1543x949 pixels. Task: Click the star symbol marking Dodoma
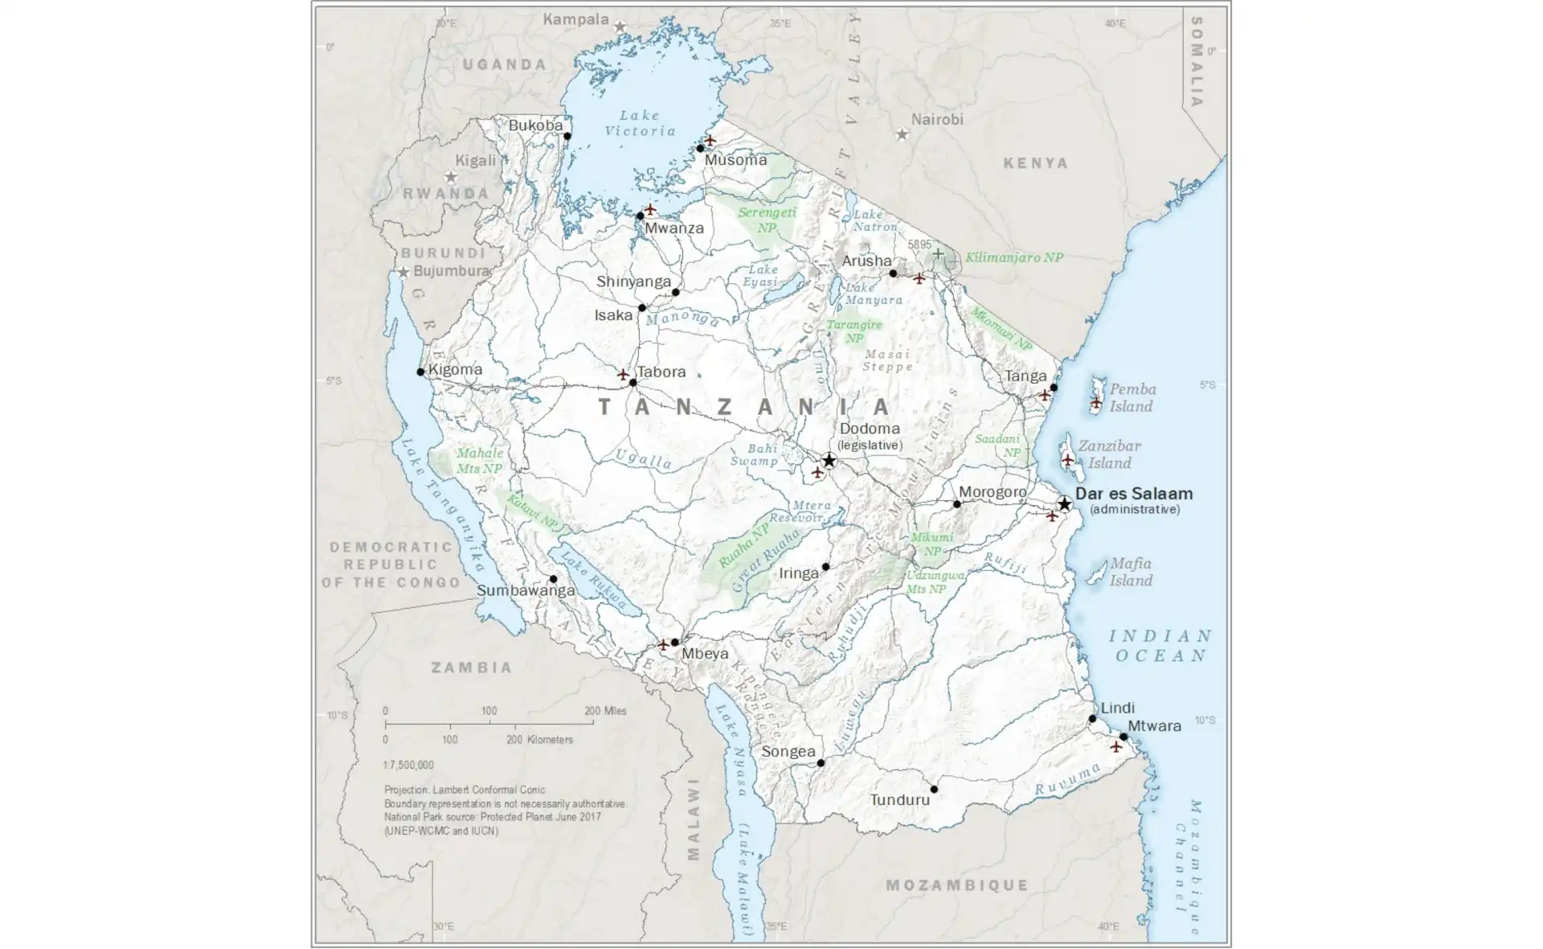tap(829, 461)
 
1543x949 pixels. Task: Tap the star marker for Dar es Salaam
tap(1064, 503)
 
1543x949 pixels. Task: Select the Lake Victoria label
tap(641, 123)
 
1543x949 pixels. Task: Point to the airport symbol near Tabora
tap(623, 375)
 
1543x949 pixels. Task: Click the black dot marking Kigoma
tap(420, 372)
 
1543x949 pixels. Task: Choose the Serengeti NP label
tap(767, 220)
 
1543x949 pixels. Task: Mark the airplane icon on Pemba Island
tap(1095, 401)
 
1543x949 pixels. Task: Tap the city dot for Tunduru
tap(934, 789)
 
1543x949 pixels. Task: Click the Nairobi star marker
tap(902, 134)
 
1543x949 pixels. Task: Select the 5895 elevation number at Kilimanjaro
tap(919, 244)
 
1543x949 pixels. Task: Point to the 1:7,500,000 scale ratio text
tap(408, 765)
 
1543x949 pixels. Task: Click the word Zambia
tap(472, 667)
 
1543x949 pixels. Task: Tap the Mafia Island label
tap(1131, 572)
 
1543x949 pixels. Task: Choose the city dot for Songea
tap(821, 762)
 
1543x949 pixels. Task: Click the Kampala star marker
tap(620, 27)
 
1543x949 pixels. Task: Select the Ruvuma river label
tap(1067, 779)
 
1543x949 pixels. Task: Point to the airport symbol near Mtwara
tap(1115, 746)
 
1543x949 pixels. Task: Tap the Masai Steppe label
tap(887, 360)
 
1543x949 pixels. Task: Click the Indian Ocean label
tap(1160, 646)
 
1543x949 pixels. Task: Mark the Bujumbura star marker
tap(403, 272)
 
